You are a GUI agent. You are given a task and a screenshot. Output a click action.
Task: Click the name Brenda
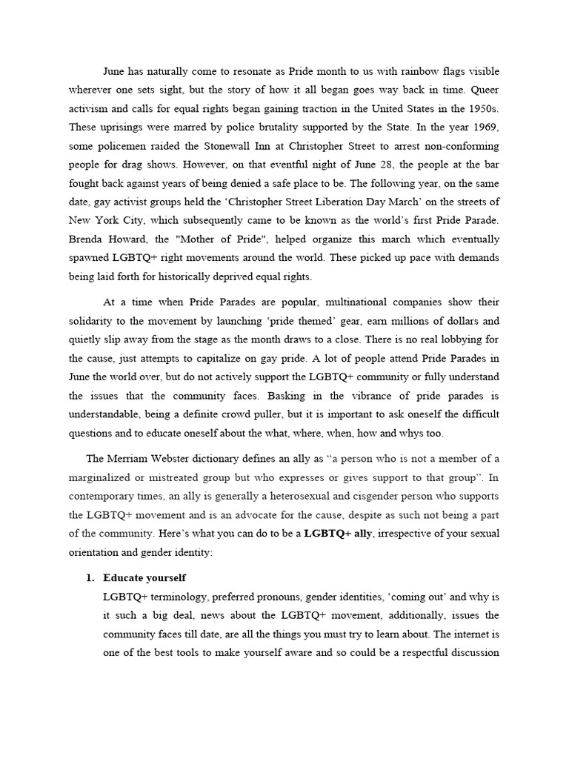point(87,239)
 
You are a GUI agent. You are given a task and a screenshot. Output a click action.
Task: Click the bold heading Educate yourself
point(145,578)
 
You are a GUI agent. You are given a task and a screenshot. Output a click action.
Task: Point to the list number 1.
point(91,578)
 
